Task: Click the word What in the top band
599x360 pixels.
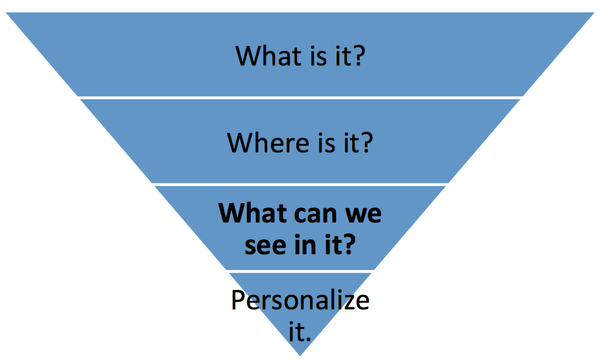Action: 264,56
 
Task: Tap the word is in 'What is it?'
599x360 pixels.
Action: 314,56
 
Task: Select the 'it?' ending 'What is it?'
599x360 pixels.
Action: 349,56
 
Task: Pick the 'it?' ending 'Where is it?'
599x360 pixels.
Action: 357,143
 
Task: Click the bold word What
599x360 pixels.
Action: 249,213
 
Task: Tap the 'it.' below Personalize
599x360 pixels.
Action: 300,332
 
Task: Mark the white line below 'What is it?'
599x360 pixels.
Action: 299,97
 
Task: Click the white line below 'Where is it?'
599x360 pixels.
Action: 299,184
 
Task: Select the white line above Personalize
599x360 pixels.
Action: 299,270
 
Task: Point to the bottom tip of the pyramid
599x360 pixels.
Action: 300,354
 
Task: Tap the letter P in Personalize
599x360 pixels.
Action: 239,300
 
